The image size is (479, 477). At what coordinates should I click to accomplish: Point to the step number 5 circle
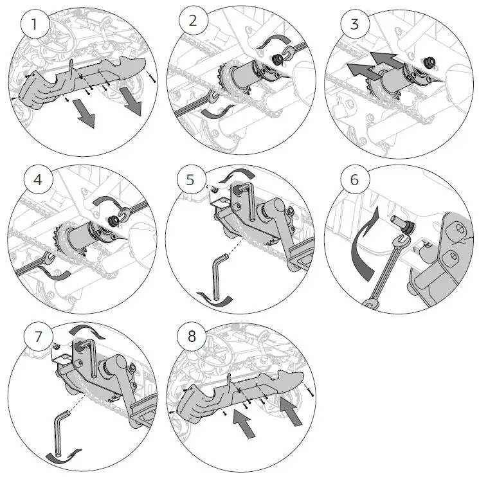pyautogui.click(x=190, y=179)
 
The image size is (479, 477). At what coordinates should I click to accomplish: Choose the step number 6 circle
pyautogui.click(x=354, y=179)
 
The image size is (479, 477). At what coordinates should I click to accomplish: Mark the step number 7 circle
pyautogui.click(x=37, y=336)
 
